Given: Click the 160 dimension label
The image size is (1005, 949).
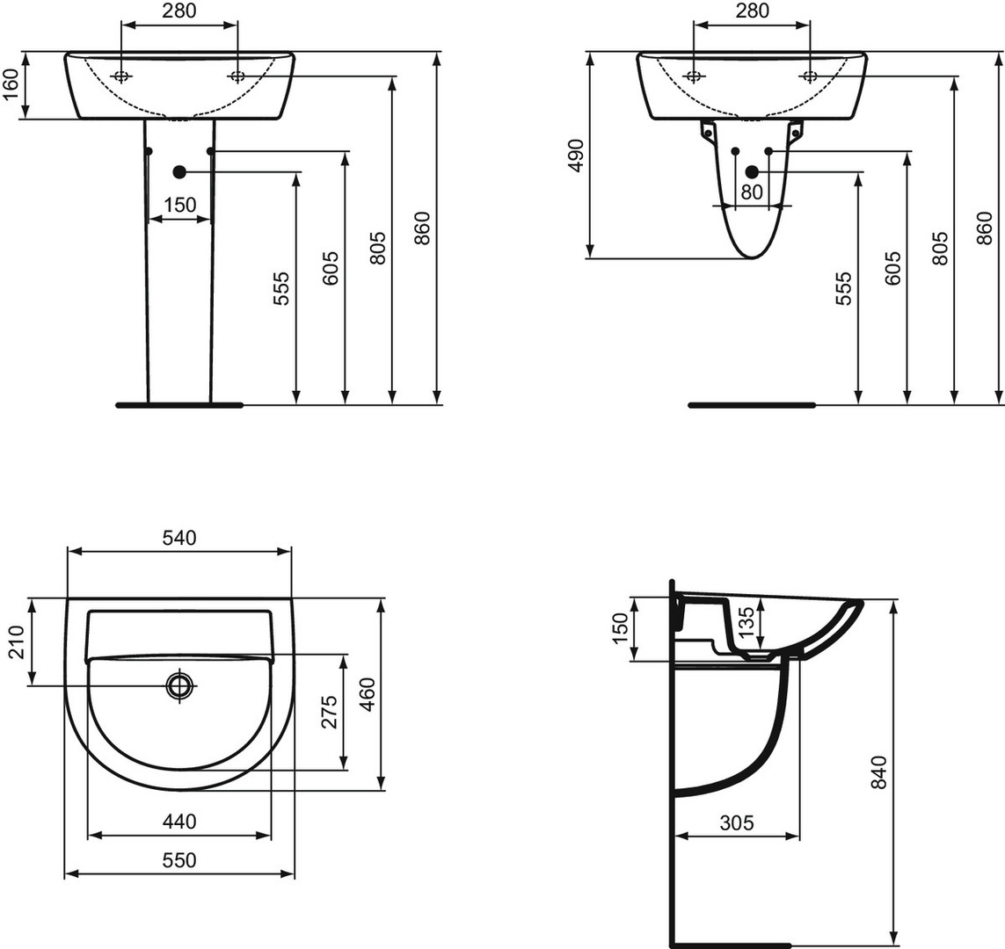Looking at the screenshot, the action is coord(11,85).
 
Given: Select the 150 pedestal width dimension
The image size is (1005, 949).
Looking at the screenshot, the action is coord(179,205).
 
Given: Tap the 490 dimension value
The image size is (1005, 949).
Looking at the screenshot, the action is coord(577,156).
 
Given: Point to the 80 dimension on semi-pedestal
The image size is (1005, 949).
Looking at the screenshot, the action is coord(752,192).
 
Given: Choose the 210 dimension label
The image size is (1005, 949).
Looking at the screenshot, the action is coord(15,641).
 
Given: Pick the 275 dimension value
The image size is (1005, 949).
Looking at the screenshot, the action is coord(328,711).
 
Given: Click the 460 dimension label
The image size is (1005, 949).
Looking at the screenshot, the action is coord(368,694).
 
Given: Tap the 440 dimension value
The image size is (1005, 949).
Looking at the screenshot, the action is coord(178,821).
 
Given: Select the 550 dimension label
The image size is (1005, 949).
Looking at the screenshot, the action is coord(178,860).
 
